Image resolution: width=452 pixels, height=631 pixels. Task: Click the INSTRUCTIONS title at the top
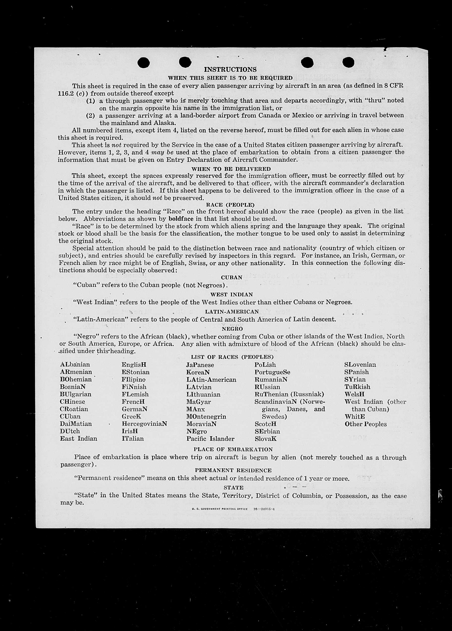[x=230, y=70]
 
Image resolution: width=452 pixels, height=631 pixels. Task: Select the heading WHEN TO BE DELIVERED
[x=231, y=169]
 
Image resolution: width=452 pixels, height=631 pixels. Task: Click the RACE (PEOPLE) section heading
[x=230, y=205]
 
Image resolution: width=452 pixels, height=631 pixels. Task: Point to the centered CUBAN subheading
[x=232, y=277]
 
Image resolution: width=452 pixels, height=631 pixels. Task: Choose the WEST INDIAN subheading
[x=232, y=294]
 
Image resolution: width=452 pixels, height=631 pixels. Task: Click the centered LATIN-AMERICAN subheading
[x=232, y=312]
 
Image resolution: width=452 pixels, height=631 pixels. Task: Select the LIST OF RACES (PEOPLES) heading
[x=232, y=357]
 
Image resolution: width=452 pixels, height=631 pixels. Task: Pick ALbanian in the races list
[x=75, y=365]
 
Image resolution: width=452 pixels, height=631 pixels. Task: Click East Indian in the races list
[x=79, y=439]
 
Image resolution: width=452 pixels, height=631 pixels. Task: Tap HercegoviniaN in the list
[x=144, y=424]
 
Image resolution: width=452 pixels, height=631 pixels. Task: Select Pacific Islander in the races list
[x=210, y=439]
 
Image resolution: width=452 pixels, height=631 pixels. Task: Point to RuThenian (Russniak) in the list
[x=289, y=394]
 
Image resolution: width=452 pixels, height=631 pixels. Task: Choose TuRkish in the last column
[x=357, y=387]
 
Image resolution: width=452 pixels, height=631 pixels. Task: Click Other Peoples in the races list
[x=365, y=424]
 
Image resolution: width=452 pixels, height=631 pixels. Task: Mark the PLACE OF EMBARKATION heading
[x=233, y=449]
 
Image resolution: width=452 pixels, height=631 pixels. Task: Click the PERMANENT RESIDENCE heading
[x=233, y=470]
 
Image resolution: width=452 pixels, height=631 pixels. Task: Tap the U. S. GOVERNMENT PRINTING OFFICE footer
[x=220, y=509]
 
